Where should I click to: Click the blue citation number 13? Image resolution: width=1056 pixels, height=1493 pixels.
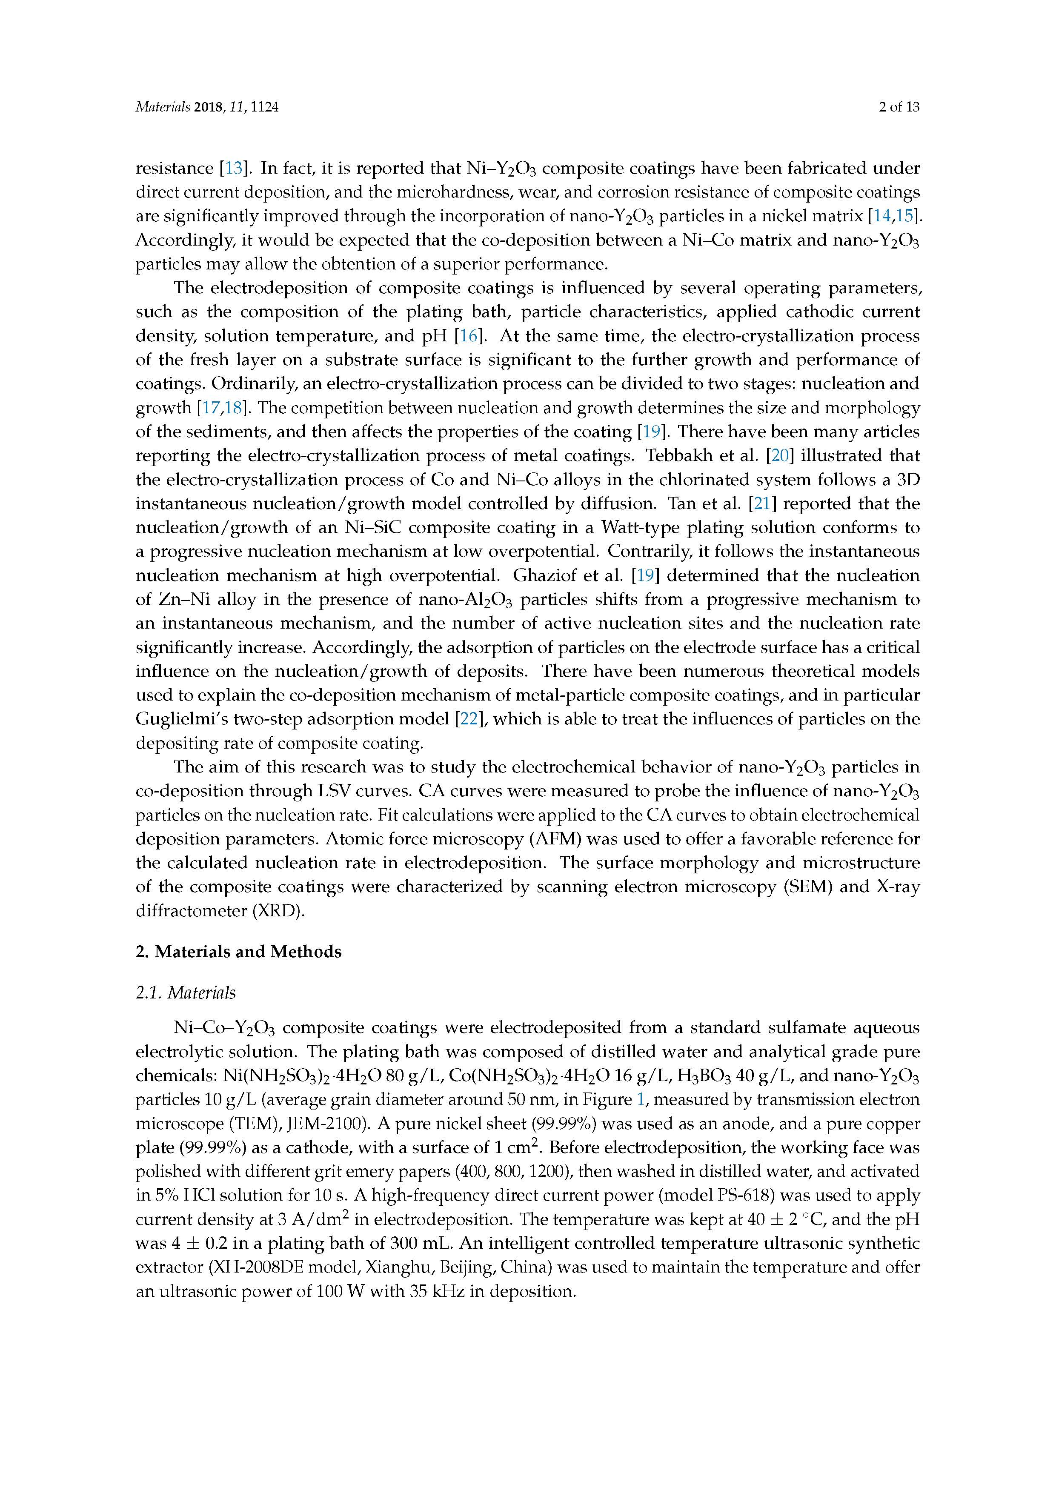coord(233,169)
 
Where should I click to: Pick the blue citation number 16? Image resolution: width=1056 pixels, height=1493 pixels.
coord(468,336)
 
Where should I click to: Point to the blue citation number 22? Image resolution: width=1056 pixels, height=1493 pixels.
coord(468,719)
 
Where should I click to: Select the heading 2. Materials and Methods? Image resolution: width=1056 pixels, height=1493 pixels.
coord(238,952)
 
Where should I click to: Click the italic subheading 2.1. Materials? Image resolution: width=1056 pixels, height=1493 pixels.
coord(185,993)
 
